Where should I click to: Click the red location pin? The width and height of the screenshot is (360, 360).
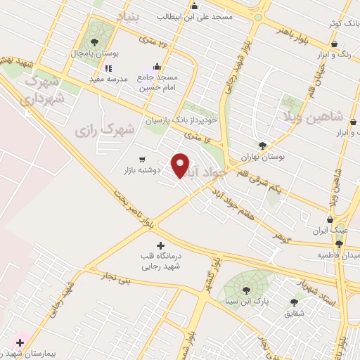pyautogui.click(x=181, y=165)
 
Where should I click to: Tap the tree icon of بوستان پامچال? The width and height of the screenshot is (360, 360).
pyautogui.click(x=94, y=42)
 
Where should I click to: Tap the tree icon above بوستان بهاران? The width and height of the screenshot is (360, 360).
pyautogui.click(x=262, y=146)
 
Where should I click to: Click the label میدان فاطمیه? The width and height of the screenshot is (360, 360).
pyautogui.click(x=336, y=253)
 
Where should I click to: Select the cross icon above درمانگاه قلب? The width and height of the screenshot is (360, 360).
pyautogui.click(x=161, y=245)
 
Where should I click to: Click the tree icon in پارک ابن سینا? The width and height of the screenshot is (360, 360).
pyautogui.click(x=246, y=289)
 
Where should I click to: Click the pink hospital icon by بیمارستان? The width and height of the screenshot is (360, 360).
pyautogui.click(x=20, y=342)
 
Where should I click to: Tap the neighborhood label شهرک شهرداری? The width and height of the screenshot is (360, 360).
pyautogui.click(x=44, y=91)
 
